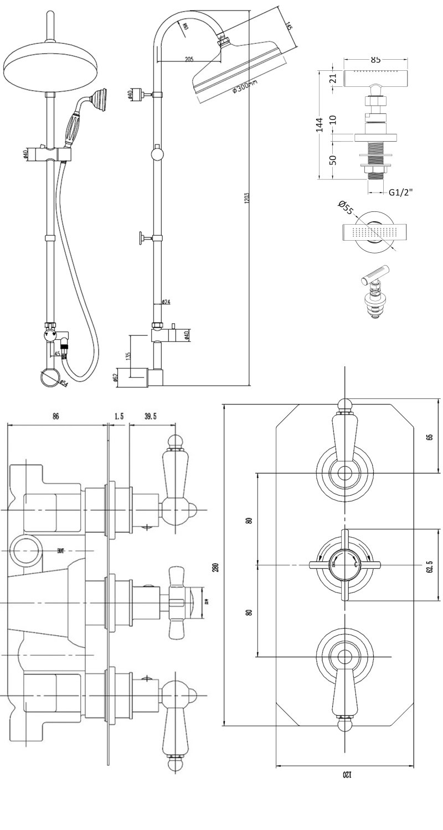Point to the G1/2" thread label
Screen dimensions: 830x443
[x=401, y=192]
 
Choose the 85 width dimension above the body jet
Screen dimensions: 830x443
[x=375, y=60]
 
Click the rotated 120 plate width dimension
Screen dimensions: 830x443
[x=346, y=774]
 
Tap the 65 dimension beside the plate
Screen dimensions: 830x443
[x=429, y=437]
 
